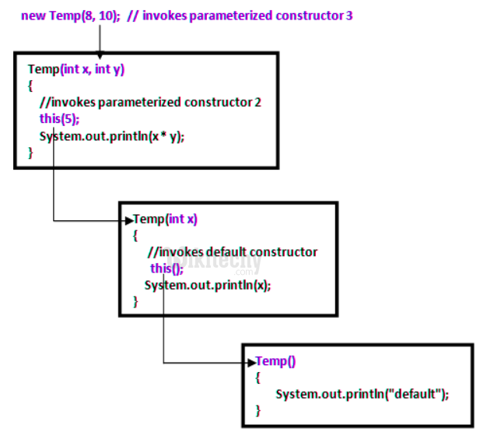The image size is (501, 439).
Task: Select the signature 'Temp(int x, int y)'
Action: [x=76, y=68]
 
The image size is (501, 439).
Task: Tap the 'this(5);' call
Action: [x=59, y=118]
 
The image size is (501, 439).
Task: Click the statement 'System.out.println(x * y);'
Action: [x=113, y=135]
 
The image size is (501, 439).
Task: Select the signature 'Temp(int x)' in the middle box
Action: [x=166, y=219]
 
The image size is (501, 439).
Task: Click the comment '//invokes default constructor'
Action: [x=232, y=251]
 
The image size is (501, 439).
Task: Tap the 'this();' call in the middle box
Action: [x=166, y=269]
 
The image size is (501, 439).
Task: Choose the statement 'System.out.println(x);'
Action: [x=208, y=285]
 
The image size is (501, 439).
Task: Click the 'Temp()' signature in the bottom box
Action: [x=276, y=361]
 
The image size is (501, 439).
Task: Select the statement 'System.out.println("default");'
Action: [x=363, y=394]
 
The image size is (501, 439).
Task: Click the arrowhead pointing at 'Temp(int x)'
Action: [x=128, y=220]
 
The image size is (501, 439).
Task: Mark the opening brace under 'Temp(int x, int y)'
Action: [x=30, y=85]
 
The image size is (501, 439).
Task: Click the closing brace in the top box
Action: [x=30, y=153]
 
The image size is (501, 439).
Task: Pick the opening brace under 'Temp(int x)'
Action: [x=135, y=235]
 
